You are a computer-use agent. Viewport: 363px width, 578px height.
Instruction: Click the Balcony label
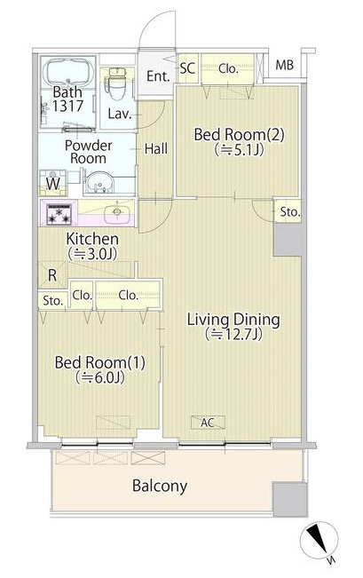160,486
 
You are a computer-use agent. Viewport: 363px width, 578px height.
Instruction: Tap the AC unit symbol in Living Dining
208,423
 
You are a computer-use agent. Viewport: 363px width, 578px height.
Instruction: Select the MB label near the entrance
285,65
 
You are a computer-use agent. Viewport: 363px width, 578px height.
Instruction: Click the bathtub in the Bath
68,72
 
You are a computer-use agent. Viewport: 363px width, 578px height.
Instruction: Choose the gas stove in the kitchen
59,214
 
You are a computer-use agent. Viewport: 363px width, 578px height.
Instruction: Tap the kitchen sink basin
117,213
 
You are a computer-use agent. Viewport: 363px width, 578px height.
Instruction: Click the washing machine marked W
52,183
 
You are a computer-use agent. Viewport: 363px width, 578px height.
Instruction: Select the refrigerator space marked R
52,275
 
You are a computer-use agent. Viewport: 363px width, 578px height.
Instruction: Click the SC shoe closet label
187,68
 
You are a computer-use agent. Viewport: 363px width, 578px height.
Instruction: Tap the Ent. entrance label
158,76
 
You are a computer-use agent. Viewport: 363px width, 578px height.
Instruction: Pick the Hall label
156,149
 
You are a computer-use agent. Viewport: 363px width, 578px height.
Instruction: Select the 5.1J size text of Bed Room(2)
239,149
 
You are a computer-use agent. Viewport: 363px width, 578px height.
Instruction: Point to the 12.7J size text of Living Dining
233,334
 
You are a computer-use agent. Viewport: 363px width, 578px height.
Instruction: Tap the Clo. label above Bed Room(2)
228,69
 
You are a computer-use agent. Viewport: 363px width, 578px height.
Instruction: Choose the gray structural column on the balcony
290,499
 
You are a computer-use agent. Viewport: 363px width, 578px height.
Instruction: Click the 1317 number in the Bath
67,107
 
